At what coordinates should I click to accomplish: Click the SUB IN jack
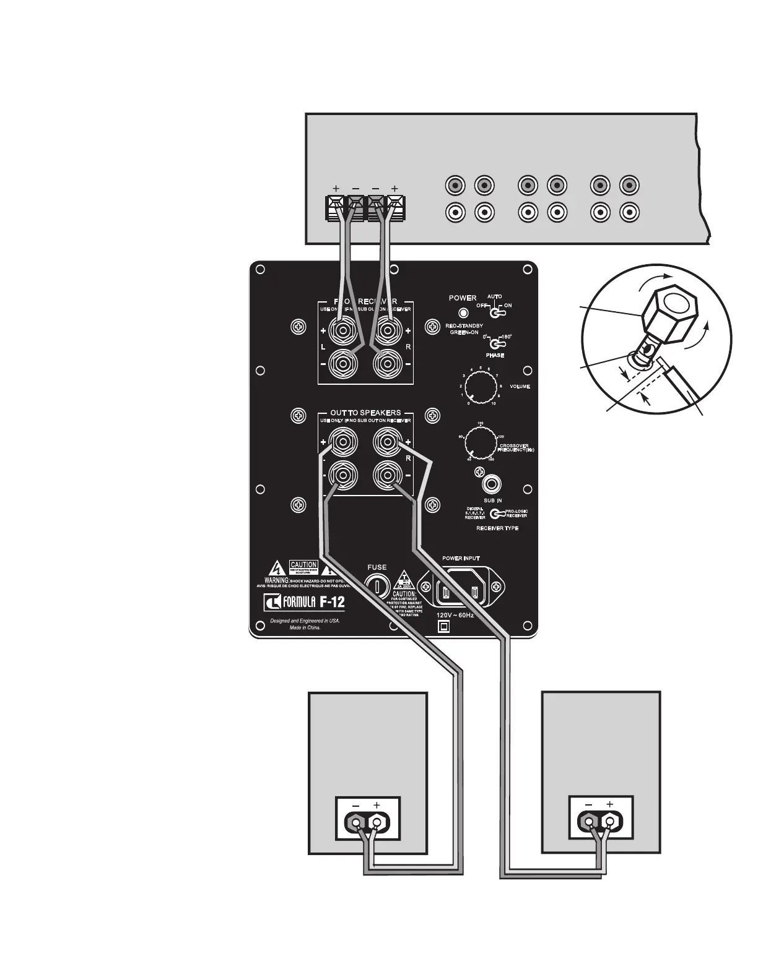coord(492,484)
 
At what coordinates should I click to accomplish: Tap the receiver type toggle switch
coord(496,513)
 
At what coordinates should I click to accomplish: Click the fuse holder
coord(377,585)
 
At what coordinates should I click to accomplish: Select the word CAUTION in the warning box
coord(303,565)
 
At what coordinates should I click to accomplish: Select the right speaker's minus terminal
coord(589,822)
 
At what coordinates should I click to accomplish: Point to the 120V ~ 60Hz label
coord(455,616)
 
